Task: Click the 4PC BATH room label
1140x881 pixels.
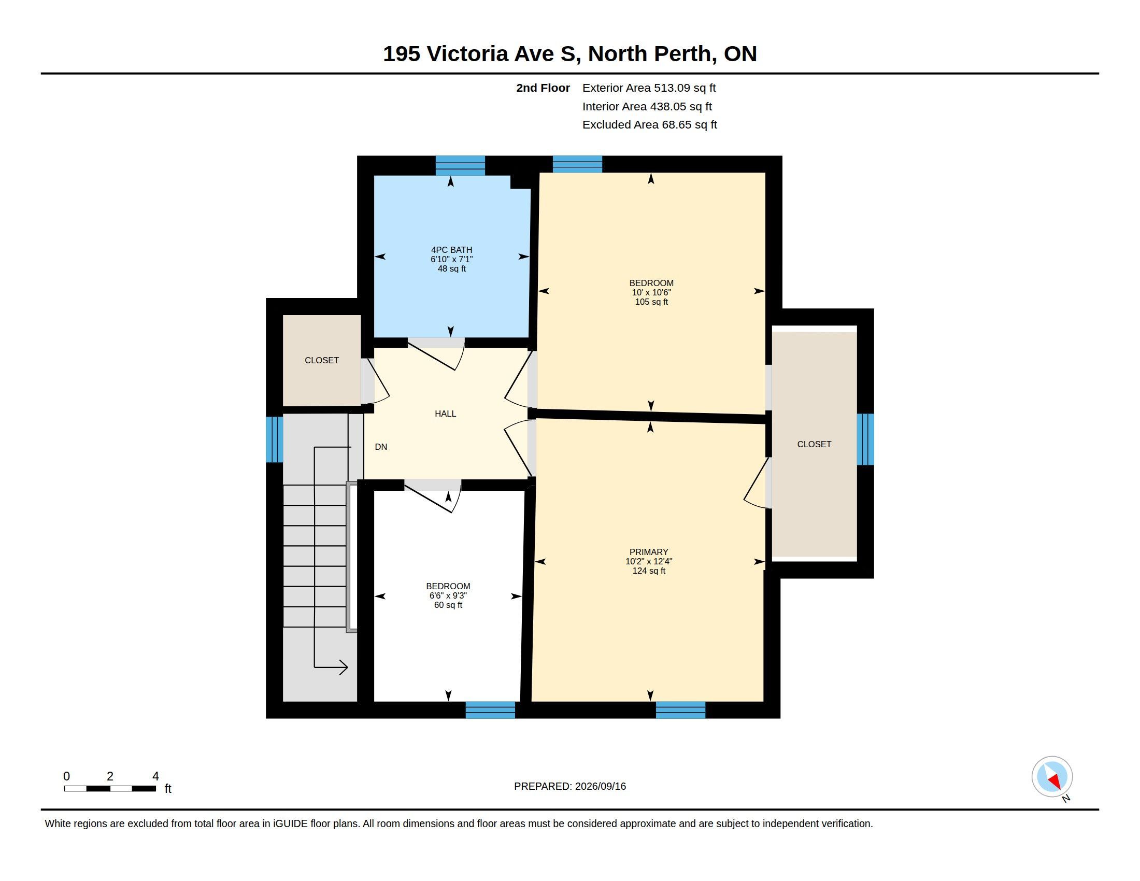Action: [451, 250]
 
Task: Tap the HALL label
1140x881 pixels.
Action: [445, 414]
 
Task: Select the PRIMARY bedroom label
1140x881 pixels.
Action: [649, 552]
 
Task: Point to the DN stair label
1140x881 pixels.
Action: [381, 447]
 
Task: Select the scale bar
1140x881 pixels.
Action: [110, 789]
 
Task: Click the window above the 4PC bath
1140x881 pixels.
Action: [460, 165]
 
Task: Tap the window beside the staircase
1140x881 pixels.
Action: [275, 439]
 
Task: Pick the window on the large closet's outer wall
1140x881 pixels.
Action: [865, 439]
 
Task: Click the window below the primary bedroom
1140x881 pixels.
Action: [681, 711]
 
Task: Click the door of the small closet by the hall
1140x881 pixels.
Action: [376, 381]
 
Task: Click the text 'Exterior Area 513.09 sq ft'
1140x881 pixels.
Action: [649, 88]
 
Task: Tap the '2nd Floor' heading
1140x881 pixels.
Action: [543, 88]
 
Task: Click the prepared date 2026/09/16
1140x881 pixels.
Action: [600, 787]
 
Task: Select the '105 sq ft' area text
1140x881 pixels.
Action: [651, 302]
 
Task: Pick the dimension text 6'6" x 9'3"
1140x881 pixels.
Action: [448, 596]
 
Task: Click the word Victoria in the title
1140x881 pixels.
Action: [467, 54]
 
